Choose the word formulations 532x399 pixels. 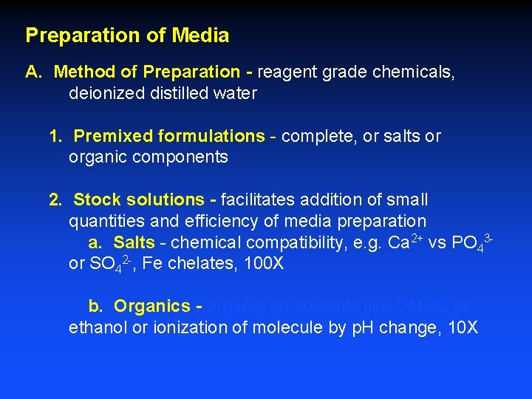click(212, 137)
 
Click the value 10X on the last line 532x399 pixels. click(463, 327)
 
